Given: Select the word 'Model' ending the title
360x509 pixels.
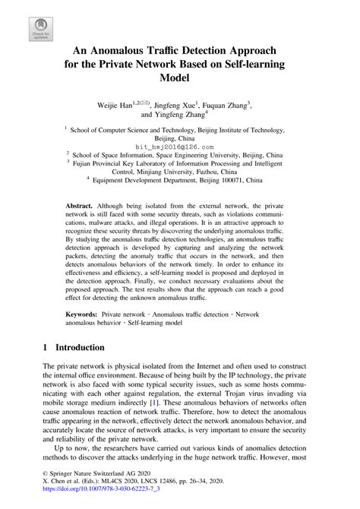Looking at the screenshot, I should pos(179,77).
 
